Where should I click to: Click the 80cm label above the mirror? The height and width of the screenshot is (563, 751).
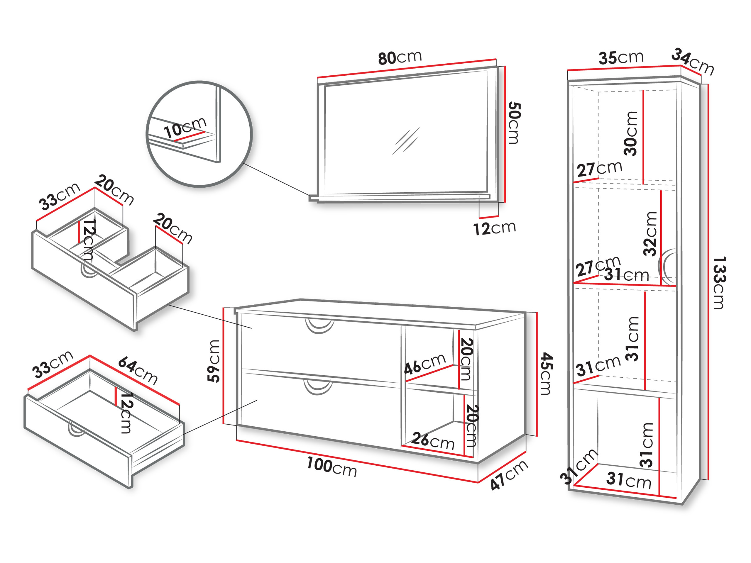click(x=400, y=58)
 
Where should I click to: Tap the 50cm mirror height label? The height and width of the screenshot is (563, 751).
click(x=514, y=123)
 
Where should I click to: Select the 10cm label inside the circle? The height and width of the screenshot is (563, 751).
click(x=185, y=127)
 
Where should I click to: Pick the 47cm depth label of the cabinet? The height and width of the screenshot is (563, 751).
click(x=509, y=475)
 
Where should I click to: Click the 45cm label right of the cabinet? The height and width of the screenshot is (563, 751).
click(x=546, y=373)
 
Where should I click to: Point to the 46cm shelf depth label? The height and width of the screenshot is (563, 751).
click(x=425, y=363)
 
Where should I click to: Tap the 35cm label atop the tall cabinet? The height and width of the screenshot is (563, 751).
click(x=621, y=57)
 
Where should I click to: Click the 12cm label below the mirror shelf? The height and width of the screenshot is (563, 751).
click(x=495, y=228)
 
